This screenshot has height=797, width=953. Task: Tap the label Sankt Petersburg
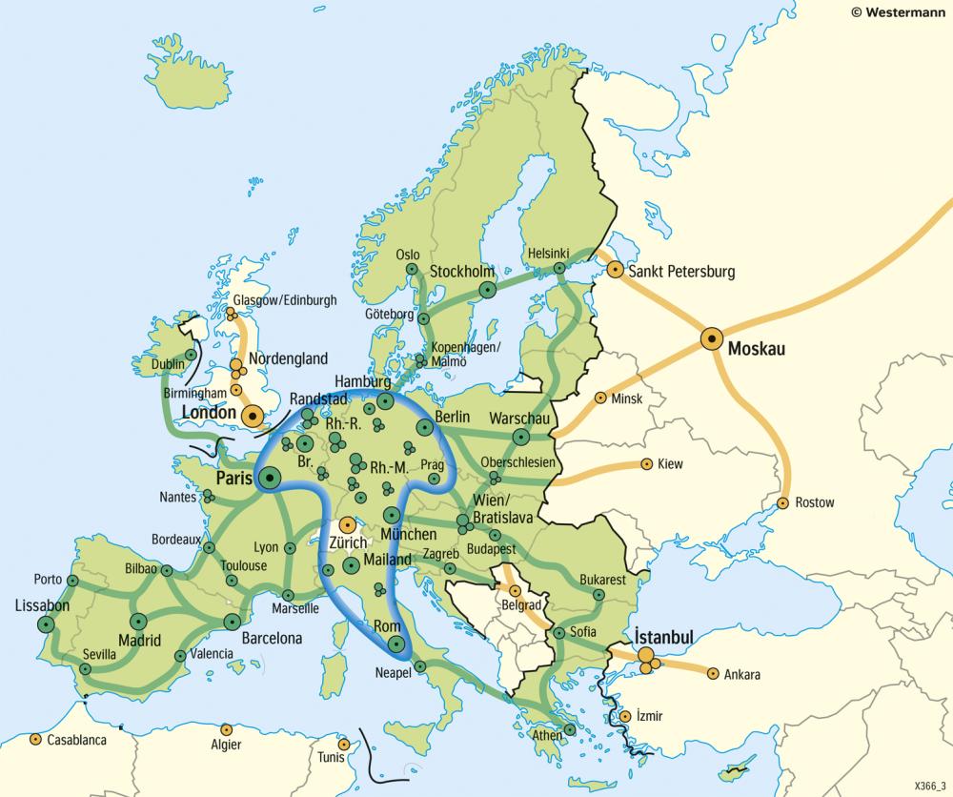[x=682, y=272]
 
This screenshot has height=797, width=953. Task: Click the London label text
[x=207, y=412]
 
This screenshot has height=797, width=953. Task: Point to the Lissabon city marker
[x=46, y=623]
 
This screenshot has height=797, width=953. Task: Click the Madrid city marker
[x=139, y=621]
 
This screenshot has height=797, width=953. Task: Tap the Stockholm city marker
[x=488, y=289]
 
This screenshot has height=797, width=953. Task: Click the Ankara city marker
[x=712, y=672]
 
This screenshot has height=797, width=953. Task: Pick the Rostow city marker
[x=783, y=502]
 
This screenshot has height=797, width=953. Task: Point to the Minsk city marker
[x=600, y=398]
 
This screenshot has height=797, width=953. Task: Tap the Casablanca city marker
[x=34, y=739]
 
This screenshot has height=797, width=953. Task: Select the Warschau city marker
[x=520, y=437]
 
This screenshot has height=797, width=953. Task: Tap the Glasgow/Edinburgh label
[x=285, y=299]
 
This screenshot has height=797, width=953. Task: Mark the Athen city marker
[x=569, y=729]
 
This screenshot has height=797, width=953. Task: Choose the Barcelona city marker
[x=230, y=621]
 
